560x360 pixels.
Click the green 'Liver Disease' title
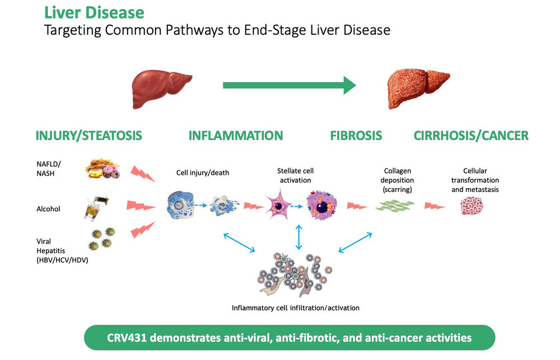pyautogui.click(x=94, y=12)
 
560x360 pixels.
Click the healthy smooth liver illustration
pyautogui.click(x=161, y=88)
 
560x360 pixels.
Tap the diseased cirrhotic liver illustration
pyautogui.click(x=418, y=88)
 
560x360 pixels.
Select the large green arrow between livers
pyautogui.click(x=290, y=85)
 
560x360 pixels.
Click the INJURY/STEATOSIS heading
pyautogui.click(x=88, y=135)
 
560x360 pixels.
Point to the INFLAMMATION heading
pyautogui.click(x=236, y=135)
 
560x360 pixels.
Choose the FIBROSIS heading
pyautogui.click(x=356, y=135)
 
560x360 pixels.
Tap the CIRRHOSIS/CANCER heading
pyautogui.click(x=471, y=135)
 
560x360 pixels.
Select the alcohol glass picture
pyautogui.click(x=96, y=208)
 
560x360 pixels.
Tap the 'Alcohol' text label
pyautogui.click(x=48, y=209)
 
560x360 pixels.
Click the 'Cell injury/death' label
pyautogui.click(x=203, y=173)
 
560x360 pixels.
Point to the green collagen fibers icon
pyautogui.click(x=395, y=206)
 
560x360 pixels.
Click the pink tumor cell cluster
pyautogui.click(x=472, y=206)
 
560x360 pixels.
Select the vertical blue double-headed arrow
pyautogui.click(x=299, y=237)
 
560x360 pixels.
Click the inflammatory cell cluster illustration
pyautogui.click(x=295, y=274)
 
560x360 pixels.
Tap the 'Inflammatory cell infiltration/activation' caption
pyautogui.click(x=295, y=308)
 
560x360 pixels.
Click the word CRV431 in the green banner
pyautogui.click(x=127, y=338)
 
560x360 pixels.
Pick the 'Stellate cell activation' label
pyautogui.click(x=295, y=175)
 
